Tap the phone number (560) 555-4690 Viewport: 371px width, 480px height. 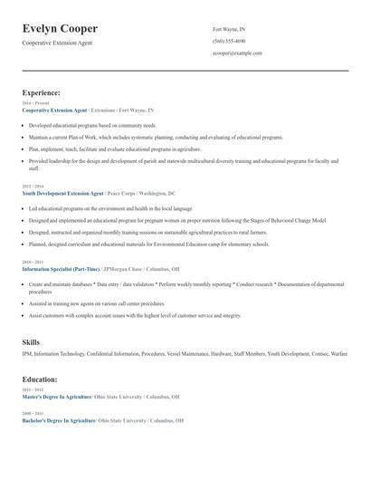click(229, 41)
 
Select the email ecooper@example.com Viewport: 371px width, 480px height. click(237, 53)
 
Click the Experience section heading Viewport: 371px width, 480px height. click(42, 92)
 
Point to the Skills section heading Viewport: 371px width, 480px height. click(31, 342)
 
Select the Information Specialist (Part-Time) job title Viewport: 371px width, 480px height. click(62, 269)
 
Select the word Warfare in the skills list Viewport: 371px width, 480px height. click(338, 353)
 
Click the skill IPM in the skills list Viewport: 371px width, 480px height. click(27, 353)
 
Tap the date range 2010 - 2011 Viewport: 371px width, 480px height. click(33, 262)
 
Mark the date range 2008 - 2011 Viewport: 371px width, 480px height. click(33, 414)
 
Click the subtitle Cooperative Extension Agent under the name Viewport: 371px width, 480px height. click(57, 43)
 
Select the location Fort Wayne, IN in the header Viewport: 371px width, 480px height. click(229, 29)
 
